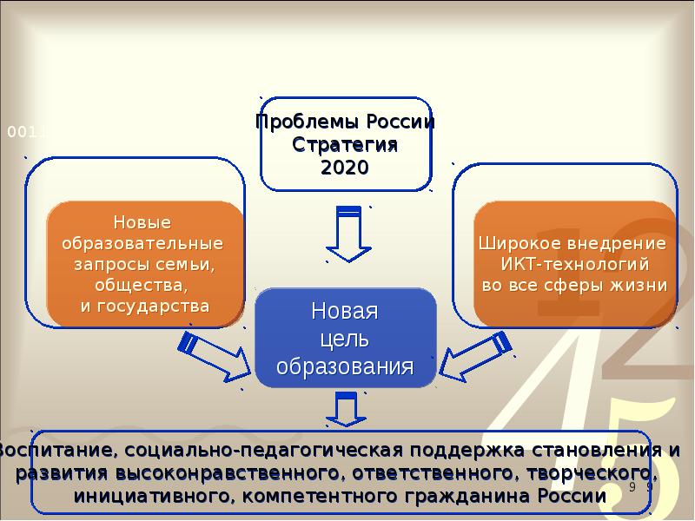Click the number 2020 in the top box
pyautogui.click(x=345, y=167)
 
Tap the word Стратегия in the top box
pyautogui.click(x=345, y=144)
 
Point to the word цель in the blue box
pyautogui.click(x=345, y=339)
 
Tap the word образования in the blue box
pyautogui.click(x=345, y=366)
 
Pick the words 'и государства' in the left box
pyautogui.click(x=145, y=306)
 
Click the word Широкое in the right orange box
pyautogui.click(x=523, y=242)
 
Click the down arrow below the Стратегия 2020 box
pyautogui.click(x=347, y=233)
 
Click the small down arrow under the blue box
pyautogui.click(x=347, y=410)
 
